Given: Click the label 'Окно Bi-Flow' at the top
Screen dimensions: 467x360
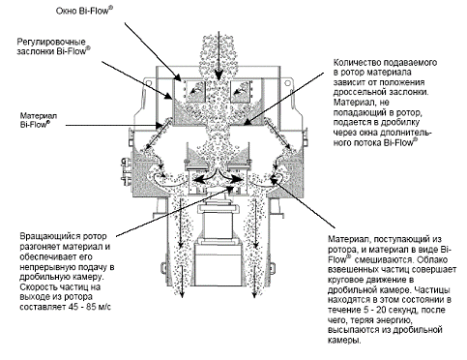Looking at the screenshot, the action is (x=84, y=11).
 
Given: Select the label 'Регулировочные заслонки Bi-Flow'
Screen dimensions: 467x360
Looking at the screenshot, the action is (x=53, y=46).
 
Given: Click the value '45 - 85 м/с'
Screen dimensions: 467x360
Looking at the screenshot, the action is (x=89, y=307).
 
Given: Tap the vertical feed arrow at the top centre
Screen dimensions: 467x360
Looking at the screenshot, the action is (x=219, y=55).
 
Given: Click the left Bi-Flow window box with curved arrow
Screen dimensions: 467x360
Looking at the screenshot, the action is (x=196, y=91).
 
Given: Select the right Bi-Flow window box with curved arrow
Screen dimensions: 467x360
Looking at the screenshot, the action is (x=240, y=91).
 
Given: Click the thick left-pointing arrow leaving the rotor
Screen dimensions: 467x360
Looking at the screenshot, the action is (x=203, y=178).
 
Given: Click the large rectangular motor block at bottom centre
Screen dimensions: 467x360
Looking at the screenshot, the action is (x=219, y=265).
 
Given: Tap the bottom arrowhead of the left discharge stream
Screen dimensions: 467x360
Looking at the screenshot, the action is (x=182, y=295).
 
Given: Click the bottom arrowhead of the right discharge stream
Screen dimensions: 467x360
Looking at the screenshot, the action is (x=254, y=295).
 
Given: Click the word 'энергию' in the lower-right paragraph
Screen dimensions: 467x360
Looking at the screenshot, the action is (x=393, y=320).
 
